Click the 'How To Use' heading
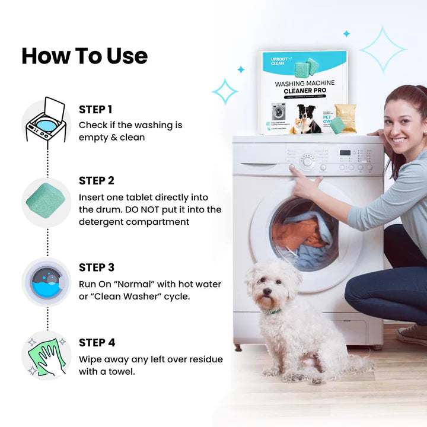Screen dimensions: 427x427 click(84, 56)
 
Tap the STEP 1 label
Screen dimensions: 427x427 click(95, 110)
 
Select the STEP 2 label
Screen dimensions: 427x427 click(97, 181)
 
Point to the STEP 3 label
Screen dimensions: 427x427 click(97, 267)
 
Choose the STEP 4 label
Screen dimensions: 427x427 click(97, 343)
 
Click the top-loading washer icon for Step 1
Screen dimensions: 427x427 click(46, 120)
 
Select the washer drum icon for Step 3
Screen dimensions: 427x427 click(46, 282)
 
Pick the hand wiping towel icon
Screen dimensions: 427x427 click(46, 356)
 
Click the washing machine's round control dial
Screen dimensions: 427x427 click(307, 161)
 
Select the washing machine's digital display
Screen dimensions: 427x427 click(345, 153)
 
